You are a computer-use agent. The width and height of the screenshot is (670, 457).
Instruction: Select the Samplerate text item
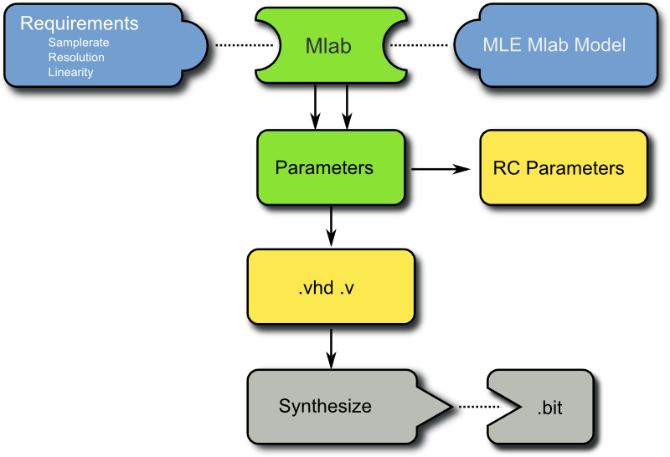tap(79, 43)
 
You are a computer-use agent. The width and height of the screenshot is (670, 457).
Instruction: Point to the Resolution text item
tap(76, 58)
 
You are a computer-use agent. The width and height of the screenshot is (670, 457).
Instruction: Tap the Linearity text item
tap(71, 72)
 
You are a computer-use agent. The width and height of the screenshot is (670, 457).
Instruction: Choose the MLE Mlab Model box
tap(554, 44)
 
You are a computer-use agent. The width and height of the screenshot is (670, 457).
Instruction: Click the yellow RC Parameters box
tap(559, 168)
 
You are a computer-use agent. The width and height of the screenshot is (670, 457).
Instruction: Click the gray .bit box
tap(549, 408)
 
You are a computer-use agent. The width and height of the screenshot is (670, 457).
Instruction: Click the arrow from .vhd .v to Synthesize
tap(332, 345)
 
